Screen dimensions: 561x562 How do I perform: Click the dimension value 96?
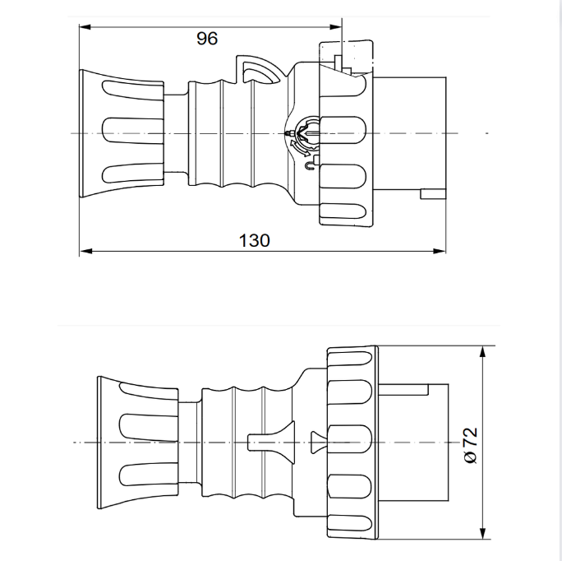pyautogui.click(x=207, y=39)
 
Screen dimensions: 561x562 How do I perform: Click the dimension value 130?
pyautogui.click(x=254, y=240)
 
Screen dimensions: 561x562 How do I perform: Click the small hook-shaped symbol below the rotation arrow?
pyautogui.click(x=308, y=166)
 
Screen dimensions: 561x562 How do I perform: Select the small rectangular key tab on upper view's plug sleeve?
pyautogui.click(x=431, y=194)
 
